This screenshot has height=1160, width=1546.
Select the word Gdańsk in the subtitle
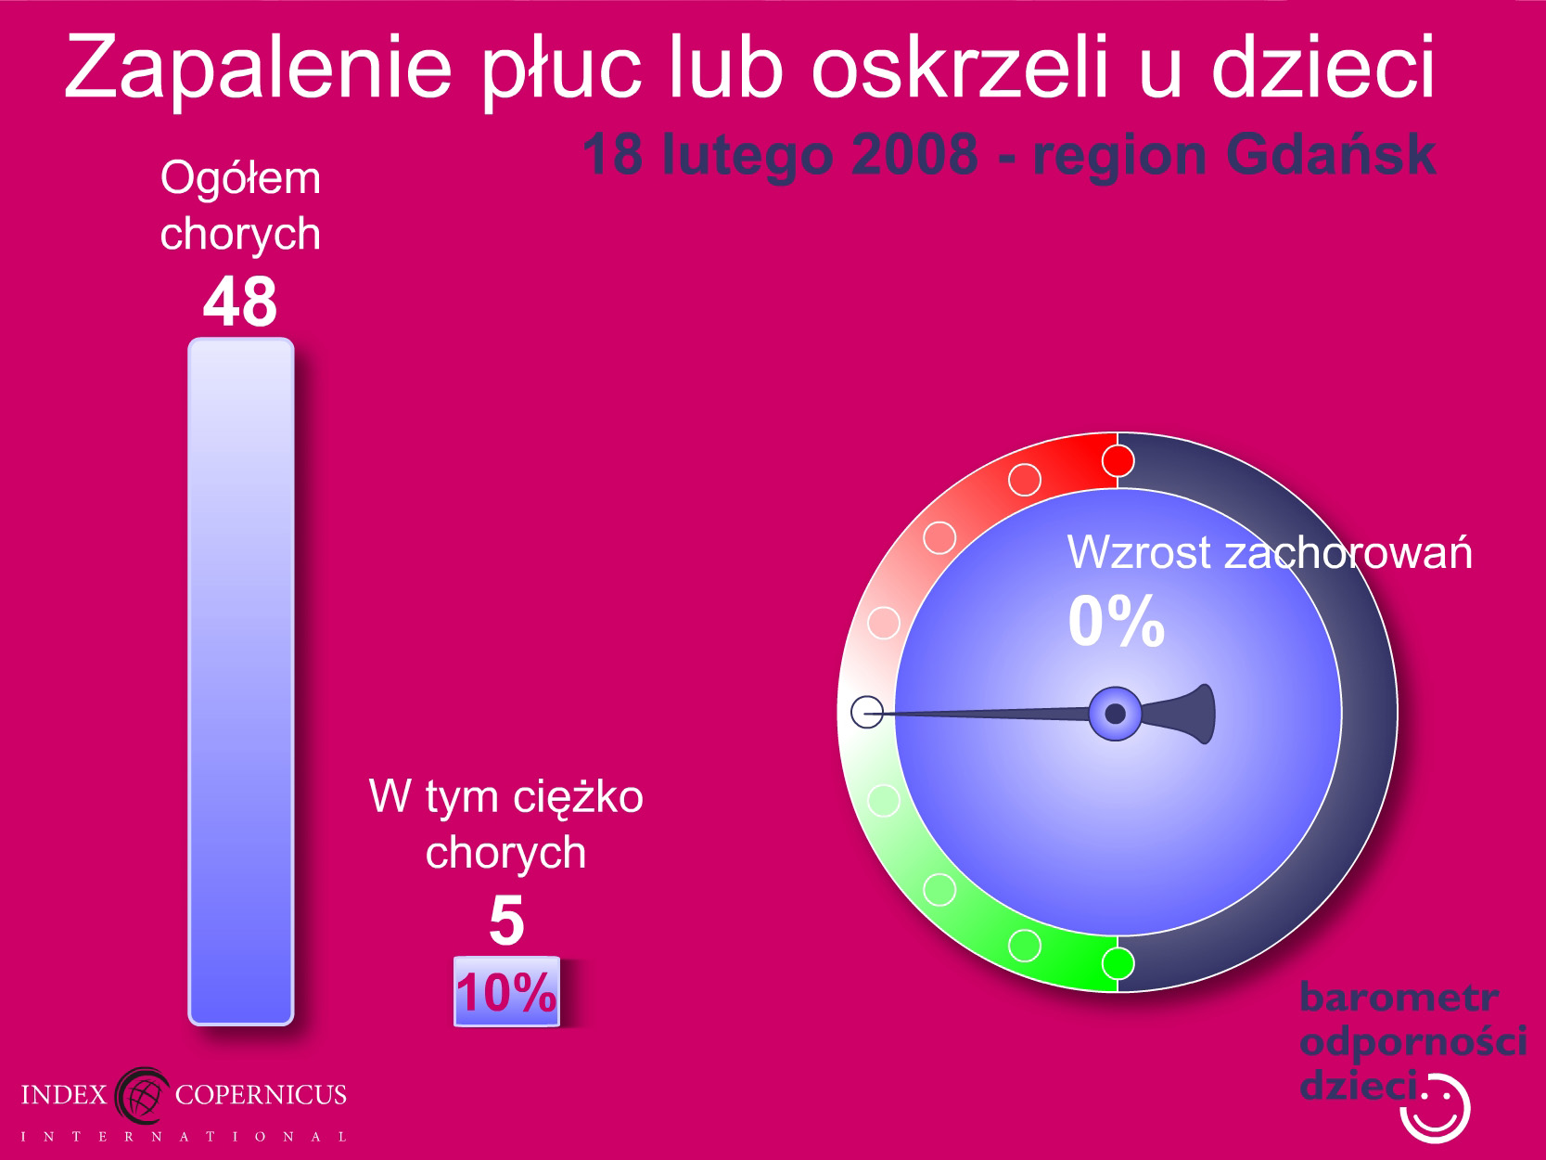(1331, 156)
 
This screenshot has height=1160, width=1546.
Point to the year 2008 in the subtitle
(914, 154)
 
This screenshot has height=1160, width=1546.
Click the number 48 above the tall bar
(240, 302)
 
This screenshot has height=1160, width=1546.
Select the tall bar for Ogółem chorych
(241, 681)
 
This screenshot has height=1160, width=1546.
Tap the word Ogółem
(240, 179)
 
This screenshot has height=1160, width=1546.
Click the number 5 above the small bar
(506, 921)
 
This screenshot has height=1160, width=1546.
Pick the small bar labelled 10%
(506, 991)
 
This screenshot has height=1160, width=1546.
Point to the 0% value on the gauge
(1117, 621)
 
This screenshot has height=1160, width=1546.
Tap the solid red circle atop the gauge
(1118, 461)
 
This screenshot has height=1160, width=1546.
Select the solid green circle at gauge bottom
(1118, 963)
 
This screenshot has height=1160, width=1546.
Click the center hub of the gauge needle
(1115, 714)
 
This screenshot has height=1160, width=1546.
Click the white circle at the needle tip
(867, 712)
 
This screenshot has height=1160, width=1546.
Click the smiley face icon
(1436, 1110)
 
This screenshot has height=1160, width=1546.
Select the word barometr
(1399, 998)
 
